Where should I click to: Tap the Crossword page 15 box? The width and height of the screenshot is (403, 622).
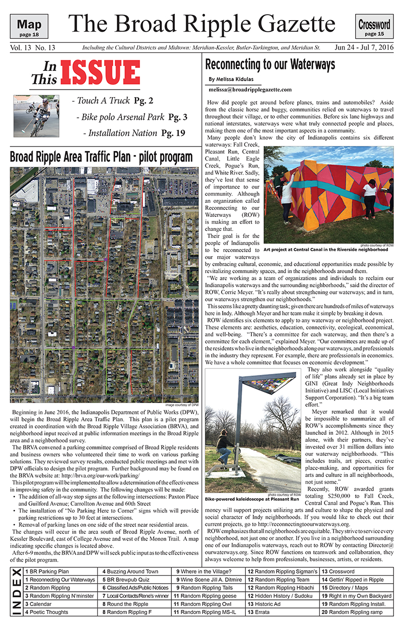coord(374,27)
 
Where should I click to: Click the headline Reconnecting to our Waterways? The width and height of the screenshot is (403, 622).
coord(270,65)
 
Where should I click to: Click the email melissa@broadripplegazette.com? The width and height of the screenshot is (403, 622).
coord(250,90)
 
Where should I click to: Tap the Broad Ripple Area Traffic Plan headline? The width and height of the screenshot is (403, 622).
coord(101,157)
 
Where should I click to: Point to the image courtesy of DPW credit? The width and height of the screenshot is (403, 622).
coord(180,405)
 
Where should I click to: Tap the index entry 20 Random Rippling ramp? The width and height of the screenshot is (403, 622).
coord(352,612)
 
